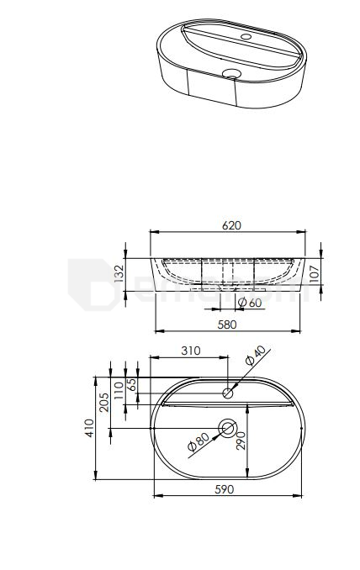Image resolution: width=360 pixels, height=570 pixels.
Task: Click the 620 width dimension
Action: (x=232, y=225)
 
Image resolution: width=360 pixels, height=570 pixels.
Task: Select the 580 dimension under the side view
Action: (x=226, y=324)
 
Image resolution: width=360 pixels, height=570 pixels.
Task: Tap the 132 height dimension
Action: (x=119, y=272)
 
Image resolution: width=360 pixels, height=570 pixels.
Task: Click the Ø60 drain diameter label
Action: (x=250, y=303)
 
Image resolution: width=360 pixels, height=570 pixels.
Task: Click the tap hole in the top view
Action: (x=227, y=393)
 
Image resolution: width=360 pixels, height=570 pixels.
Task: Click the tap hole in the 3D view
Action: (x=246, y=38)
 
